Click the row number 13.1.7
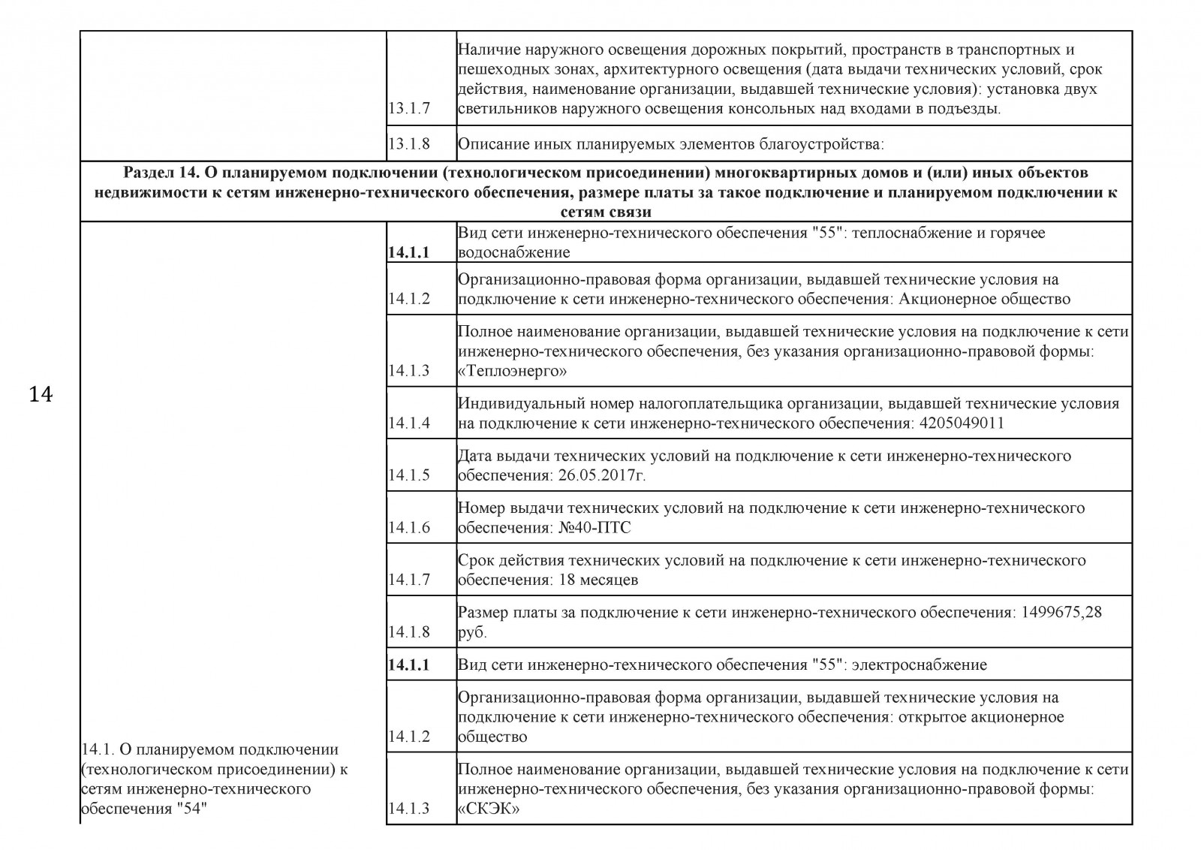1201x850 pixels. (409, 108)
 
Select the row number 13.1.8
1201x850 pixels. (409, 143)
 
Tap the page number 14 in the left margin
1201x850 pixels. (41, 394)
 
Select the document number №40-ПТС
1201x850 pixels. (595, 528)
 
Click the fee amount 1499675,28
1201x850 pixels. (1061, 612)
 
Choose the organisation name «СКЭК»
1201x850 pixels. (489, 809)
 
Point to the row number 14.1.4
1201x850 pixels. (409, 423)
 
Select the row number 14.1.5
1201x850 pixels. (409, 475)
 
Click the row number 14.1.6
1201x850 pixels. (409, 528)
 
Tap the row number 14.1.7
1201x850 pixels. (409, 580)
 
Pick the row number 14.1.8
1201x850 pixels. (409, 632)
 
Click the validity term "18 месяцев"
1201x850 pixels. (598, 580)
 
